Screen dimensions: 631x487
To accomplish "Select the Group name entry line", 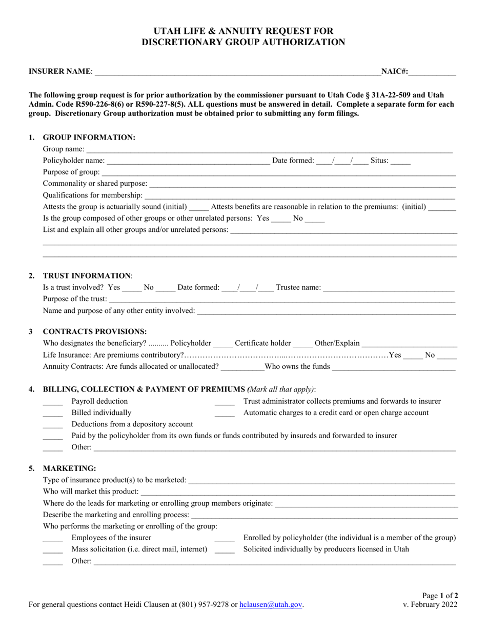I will click(x=269, y=149).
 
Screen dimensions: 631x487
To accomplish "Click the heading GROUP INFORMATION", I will click(x=89, y=137).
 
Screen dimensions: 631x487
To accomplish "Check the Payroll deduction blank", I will click(x=52, y=402).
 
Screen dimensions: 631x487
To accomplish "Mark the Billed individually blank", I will click(x=52, y=413).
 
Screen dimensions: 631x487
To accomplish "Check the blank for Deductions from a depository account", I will click(x=52, y=424).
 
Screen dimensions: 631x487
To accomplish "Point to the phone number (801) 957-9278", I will click(x=204, y=605).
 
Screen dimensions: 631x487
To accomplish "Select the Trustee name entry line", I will click(x=389, y=288).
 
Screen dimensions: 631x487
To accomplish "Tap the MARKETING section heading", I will click(x=69, y=468).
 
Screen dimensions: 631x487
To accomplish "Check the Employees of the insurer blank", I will click(x=52, y=538).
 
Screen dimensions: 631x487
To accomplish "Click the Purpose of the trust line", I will click(x=282, y=299).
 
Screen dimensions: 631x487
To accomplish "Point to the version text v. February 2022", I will click(x=431, y=604).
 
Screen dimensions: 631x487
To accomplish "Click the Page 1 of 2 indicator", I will click(x=440, y=596).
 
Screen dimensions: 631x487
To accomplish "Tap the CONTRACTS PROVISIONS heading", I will click(x=95, y=331).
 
